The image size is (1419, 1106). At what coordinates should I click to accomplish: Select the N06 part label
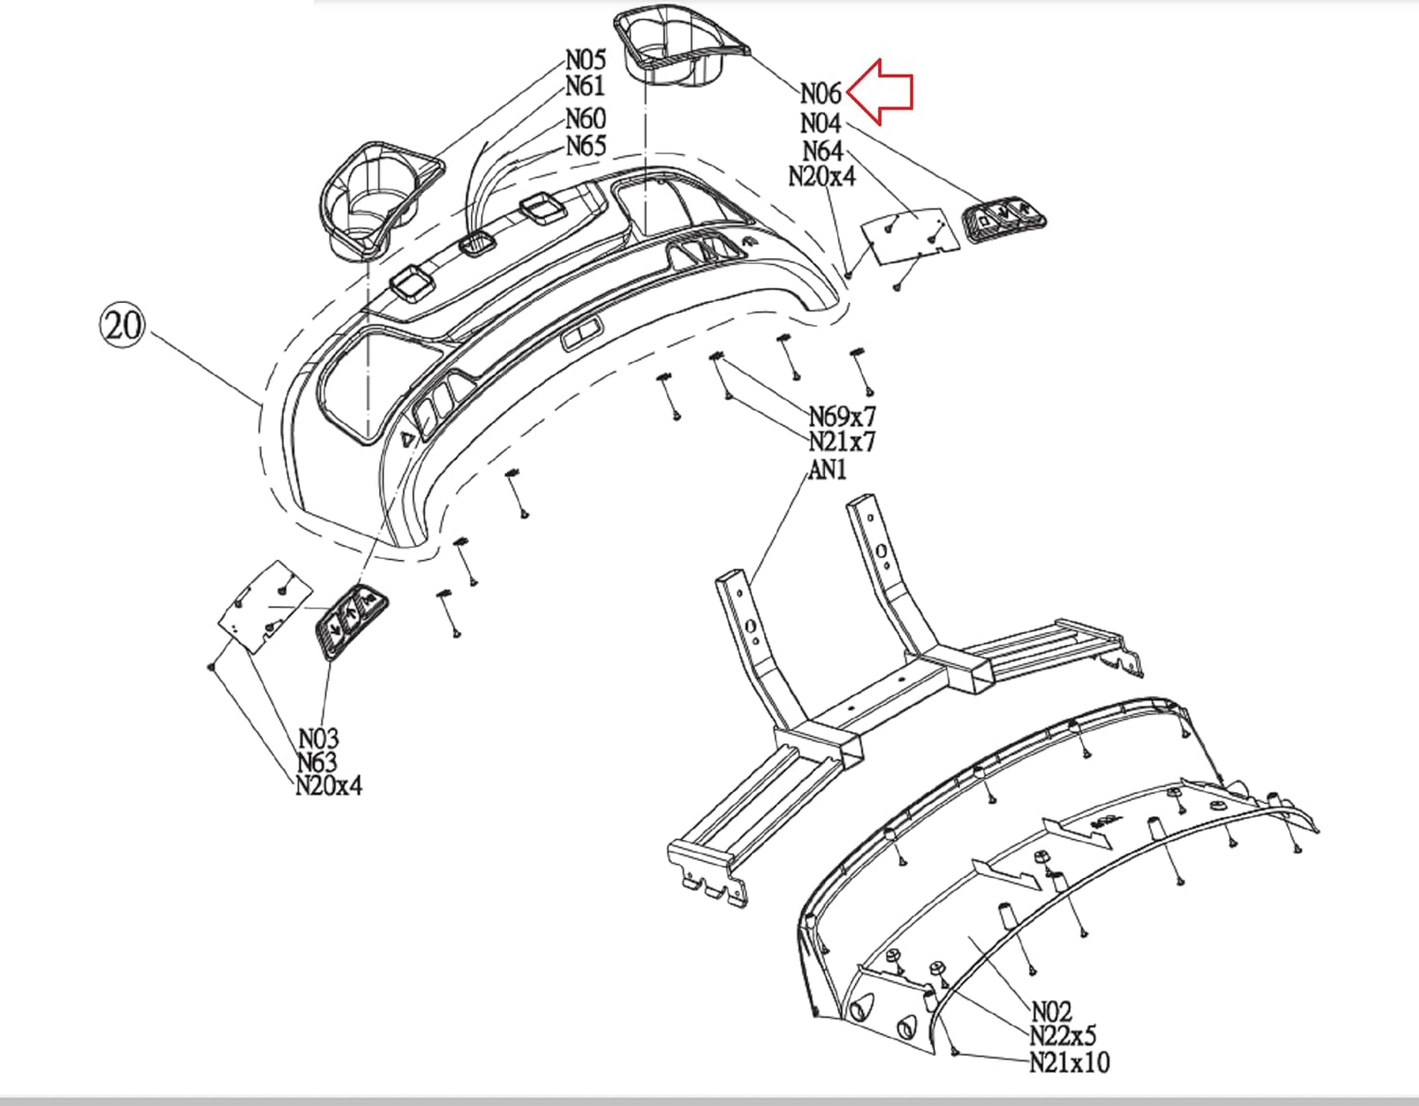coord(820,94)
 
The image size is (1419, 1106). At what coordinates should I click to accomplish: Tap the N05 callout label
coord(585,59)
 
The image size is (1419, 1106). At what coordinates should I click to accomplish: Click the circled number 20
coord(122,325)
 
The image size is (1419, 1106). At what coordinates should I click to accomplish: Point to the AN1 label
coord(828,469)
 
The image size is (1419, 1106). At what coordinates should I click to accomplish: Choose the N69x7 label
coord(841,416)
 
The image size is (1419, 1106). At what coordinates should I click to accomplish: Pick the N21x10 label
coord(1069,1062)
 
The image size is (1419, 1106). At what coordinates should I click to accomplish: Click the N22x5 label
coord(1062,1037)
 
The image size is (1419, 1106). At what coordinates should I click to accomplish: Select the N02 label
coord(1051,1012)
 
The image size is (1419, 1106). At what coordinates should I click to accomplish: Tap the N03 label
coord(319,738)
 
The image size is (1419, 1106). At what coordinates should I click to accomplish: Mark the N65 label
coord(586,146)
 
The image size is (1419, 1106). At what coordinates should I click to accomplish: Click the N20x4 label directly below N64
coord(821,176)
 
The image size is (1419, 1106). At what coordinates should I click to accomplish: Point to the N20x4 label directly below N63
coord(328,785)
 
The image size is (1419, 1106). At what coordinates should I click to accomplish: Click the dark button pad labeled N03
coord(350,620)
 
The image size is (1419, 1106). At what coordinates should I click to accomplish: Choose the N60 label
coord(586,119)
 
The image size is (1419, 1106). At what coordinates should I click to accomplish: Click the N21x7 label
coord(841,441)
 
